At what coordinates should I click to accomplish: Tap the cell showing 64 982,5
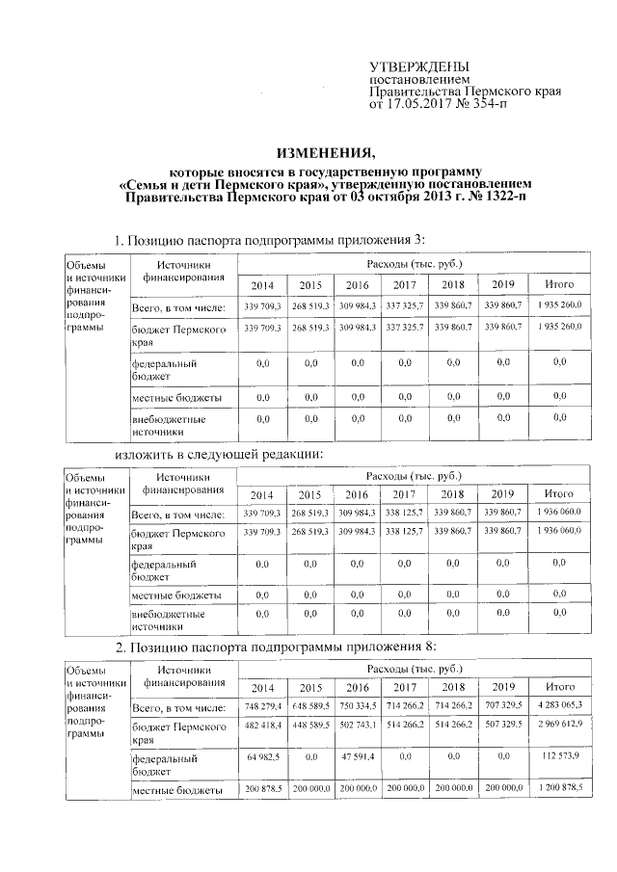click(x=263, y=757)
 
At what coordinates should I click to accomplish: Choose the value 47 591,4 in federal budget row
click(x=357, y=757)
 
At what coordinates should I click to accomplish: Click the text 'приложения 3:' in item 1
click(x=380, y=240)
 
